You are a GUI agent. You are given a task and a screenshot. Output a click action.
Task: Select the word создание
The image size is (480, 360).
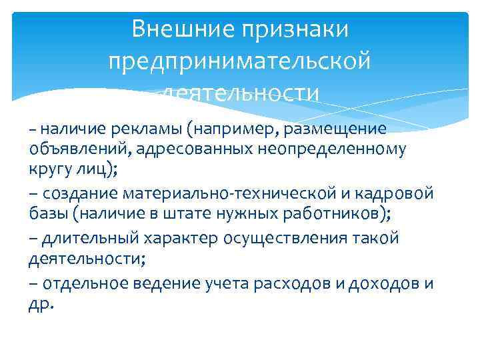(x=81, y=193)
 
